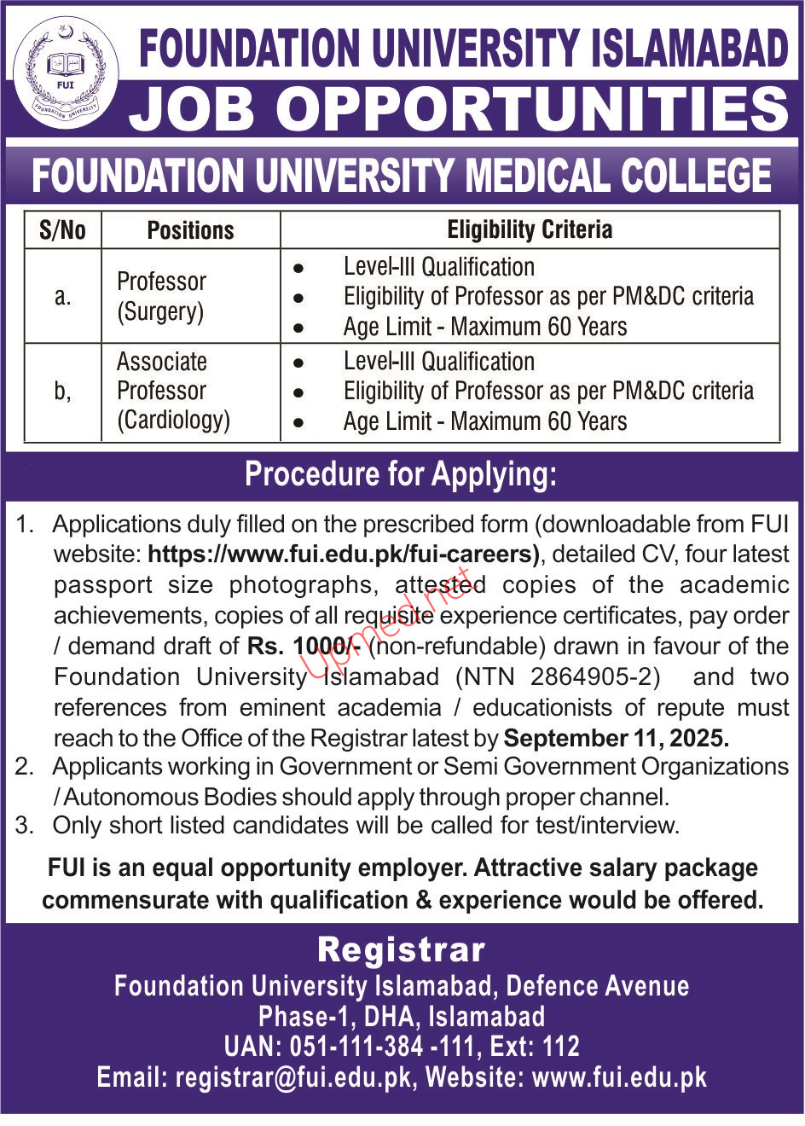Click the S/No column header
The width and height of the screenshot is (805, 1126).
[x=62, y=230]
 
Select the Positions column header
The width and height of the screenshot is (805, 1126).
[x=190, y=230]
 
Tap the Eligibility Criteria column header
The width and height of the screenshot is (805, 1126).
[x=530, y=229]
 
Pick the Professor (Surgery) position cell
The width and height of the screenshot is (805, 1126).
[x=161, y=296]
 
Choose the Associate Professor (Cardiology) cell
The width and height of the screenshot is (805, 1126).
[x=173, y=391]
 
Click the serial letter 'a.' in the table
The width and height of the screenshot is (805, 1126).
[x=62, y=297]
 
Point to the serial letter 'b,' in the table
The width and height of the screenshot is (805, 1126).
[x=62, y=392]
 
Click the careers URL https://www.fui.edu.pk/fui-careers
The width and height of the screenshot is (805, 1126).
[x=343, y=554]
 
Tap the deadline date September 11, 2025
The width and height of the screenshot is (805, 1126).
[x=617, y=738]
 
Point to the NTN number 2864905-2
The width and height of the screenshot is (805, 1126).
[x=595, y=677]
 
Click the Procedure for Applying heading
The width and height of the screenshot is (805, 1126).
[x=401, y=474]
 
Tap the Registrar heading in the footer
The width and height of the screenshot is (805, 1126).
[x=402, y=949]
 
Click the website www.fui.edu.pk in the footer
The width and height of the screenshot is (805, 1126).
[x=620, y=1077]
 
